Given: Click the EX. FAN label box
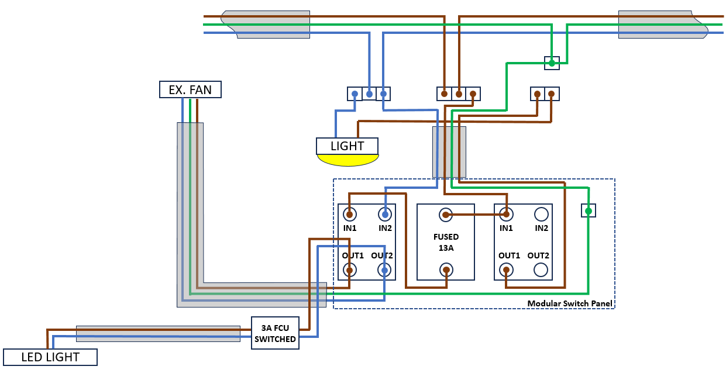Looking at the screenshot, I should point(190,89).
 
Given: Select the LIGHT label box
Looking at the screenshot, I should point(347,146).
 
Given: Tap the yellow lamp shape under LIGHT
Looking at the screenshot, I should point(347,160).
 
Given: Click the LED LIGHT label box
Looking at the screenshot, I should point(50,357).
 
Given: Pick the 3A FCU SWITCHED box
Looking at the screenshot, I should point(275,333).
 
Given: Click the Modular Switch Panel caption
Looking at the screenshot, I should point(569,303).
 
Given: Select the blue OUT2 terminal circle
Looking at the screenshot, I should point(384,270).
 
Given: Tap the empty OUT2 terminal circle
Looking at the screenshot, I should point(542,270).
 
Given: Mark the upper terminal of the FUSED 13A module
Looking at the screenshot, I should point(446,215).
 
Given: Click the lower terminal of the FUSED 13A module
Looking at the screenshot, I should point(446,270).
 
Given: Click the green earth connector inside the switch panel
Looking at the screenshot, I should point(589,210).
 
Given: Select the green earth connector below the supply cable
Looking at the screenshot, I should point(552,63).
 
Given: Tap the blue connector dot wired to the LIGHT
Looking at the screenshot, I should point(355,94).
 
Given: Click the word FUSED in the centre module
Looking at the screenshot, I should point(446,237).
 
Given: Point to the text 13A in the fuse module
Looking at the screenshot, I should point(446,248).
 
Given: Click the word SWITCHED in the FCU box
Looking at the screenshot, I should point(275,339).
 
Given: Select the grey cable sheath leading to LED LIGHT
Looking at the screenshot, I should point(158,333).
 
